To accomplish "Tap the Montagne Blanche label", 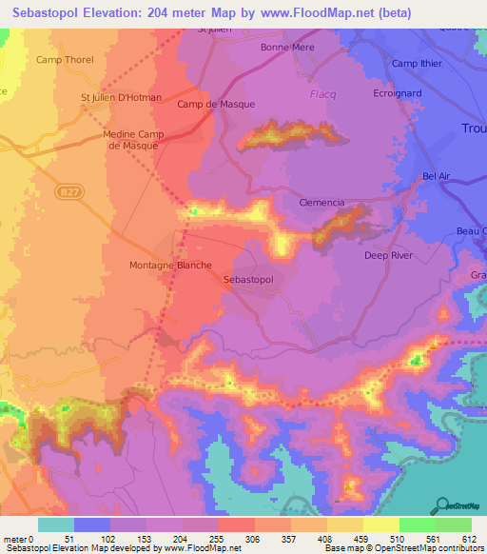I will coord(170,266).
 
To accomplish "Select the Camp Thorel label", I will coord(65,60).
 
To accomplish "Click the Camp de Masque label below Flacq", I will coord(216,104).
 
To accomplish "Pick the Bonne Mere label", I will coord(287,47).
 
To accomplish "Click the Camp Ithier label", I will coord(419,64).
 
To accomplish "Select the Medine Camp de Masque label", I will coord(130,140).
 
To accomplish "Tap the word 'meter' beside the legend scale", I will coord(14,539).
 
